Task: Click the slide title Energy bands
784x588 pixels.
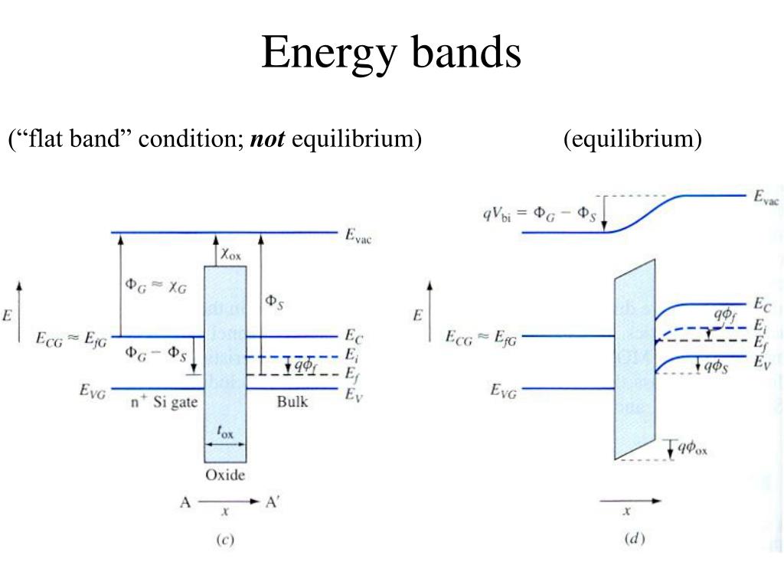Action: point(391,54)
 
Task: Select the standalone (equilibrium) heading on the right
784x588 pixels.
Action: point(632,139)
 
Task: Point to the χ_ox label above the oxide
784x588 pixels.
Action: point(232,253)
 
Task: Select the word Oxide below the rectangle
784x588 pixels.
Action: point(224,475)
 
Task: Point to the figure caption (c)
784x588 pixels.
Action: point(224,539)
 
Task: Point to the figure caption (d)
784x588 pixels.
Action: point(635,539)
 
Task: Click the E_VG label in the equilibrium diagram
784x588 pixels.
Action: point(503,391)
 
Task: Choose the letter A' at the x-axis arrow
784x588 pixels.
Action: point(273,502)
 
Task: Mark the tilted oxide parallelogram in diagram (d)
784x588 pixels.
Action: point(635,360)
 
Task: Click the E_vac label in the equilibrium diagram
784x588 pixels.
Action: point(766,199)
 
